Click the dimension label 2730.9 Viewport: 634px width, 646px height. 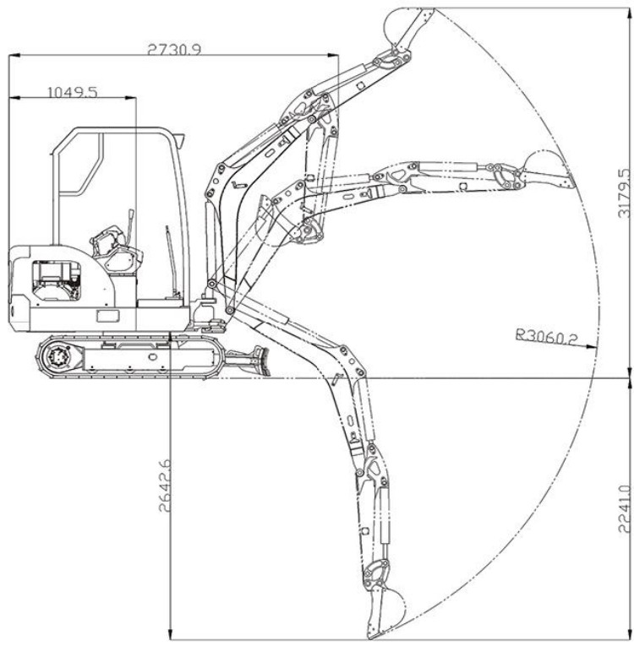pyautogui.click(x=174, y=50)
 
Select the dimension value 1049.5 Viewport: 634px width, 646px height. pyautogui.click(x=73, y=92)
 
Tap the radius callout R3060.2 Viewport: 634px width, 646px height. pyautogui.click(x=547, y=336)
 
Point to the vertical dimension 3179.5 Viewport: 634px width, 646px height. pyautogui.click(x=625, y=193)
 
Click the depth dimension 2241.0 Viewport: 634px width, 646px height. pyautogui.click(x=625, y=509)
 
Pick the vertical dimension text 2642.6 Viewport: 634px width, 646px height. pyautogui.click(x=165, y=486)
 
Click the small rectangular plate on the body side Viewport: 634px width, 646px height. pyautogui.click(x=107, y=316)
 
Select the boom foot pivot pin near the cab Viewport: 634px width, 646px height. pyautogui.click(x=212, y=284)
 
